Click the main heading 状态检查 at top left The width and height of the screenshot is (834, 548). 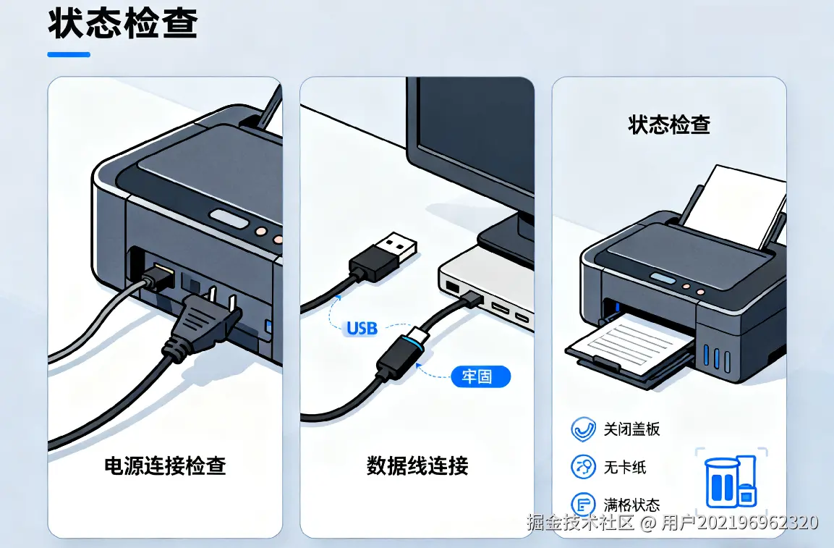pos(123,23)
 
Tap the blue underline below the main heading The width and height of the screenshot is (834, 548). pos(69,54)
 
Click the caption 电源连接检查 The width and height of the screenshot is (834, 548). pos(165,465)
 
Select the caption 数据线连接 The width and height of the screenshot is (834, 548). pos(417,465)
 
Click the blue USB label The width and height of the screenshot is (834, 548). pos(362,328)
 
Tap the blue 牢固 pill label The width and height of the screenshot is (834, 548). pos(480,376)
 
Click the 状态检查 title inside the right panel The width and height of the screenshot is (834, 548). pos(669,125)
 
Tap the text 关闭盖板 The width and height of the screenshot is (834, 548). pos(631,429)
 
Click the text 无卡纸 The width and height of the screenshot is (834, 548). pos(624,467)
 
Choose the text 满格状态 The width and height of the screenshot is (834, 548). pos(631,505)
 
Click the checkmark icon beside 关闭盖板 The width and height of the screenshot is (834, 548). pos(583,429)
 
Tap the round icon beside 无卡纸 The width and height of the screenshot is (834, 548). pos(583,467)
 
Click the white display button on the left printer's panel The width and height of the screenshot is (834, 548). pos(229,219)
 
